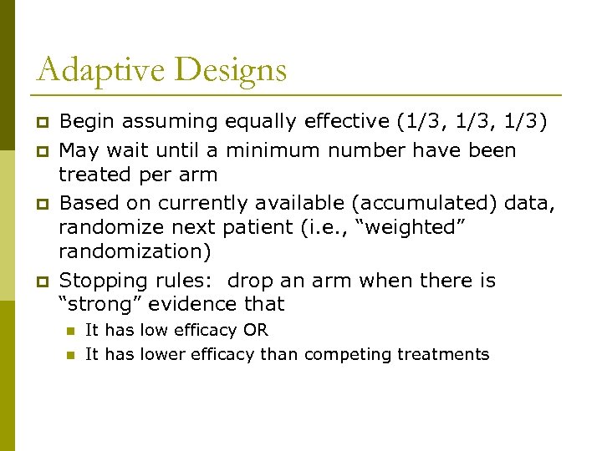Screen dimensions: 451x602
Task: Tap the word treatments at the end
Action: [x=443, y=355]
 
